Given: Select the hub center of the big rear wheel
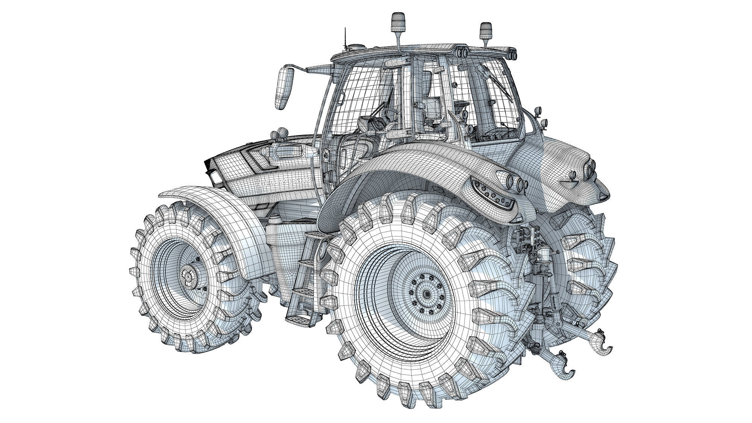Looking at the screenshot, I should tap(426, 293).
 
